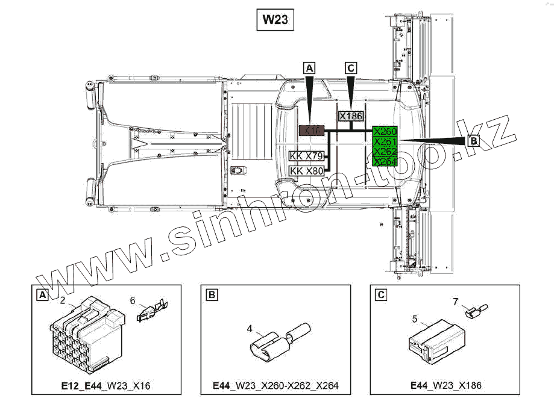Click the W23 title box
(x=274, y=20)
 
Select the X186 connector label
(x=351, y=116)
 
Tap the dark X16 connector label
(x=312, y=130)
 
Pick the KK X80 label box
(x=307, y=171)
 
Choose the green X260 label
(x=385, y=131)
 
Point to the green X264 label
(x=385, y=161)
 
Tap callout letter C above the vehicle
(x=351, y=68)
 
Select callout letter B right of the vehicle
(x=473, y=141)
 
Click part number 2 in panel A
(x=62, y=300)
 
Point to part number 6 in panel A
(x=134, y=299)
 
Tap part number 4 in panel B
(x=249, y=329)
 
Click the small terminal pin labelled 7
(x=474, y=311)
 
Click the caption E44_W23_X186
(x=445, y=385)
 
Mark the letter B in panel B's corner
(x=212, y=295)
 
